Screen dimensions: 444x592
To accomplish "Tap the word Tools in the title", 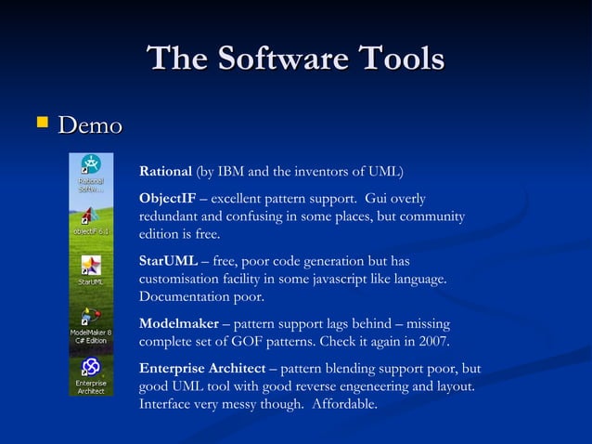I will pyautogui.click(x=398, y=59).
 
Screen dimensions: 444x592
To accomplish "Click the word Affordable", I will pyautogui.click(x=345, y=403).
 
